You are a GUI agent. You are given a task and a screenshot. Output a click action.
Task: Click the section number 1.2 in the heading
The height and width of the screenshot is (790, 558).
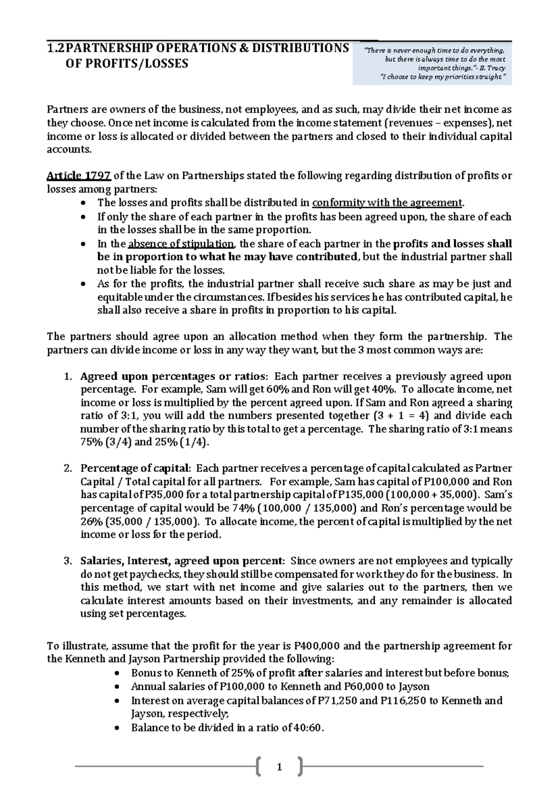coord(57,48)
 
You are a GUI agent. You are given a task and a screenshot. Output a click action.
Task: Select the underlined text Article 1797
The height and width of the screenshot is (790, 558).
coord(79,176)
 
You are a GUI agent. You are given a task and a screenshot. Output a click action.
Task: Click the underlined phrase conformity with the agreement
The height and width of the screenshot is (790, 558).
coord(387,203)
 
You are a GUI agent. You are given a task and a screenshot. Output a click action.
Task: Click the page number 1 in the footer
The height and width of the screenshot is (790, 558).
coord(279,767)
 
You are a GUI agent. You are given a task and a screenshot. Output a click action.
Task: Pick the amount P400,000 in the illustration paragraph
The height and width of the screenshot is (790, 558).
coord(317,646)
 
